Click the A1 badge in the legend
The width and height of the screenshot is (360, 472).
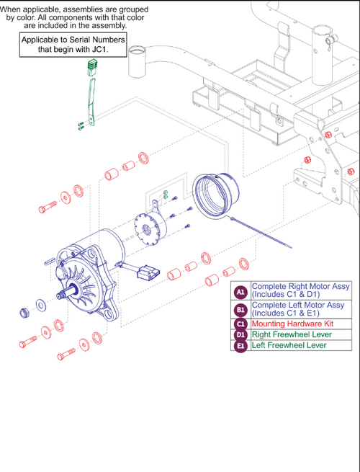241,292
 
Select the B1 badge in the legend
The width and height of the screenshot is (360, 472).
241,311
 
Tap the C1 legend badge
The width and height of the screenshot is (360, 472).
241,324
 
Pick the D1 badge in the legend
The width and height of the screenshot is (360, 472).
241,335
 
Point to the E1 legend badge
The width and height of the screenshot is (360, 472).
241,346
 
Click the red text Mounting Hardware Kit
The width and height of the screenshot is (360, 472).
288,324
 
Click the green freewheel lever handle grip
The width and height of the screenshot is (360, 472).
91,68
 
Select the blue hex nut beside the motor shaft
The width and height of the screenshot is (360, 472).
24,312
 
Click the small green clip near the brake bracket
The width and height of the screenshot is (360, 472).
165,193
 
